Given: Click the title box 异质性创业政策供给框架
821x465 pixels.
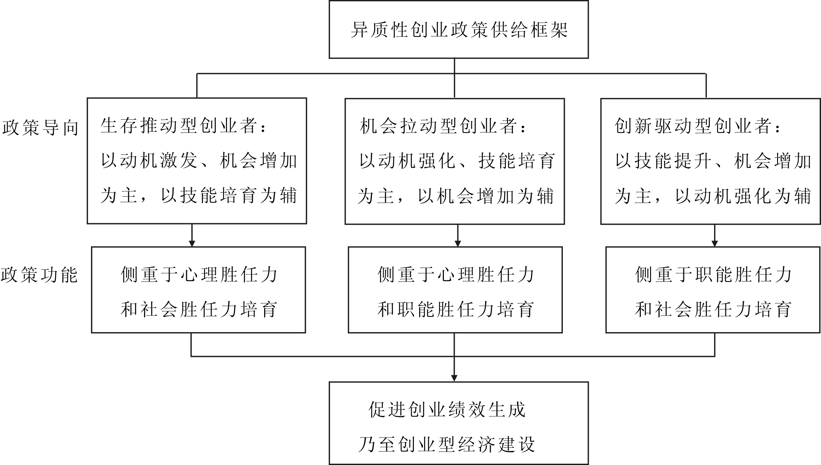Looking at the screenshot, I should (x=459, y=29).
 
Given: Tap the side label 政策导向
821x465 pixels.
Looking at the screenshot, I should (x=40, y=128).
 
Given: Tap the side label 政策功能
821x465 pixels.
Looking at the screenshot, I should (x=39, y=275).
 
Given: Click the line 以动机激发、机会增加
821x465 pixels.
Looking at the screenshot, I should (x=199, y=161).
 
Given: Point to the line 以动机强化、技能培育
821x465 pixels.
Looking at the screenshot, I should (x=457, y=161).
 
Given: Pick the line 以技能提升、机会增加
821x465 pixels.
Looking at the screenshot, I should (x=713, y=161).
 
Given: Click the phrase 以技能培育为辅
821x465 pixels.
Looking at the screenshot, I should (x=229, y=196).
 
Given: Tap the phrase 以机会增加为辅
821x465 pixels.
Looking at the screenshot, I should (x=486, y=196).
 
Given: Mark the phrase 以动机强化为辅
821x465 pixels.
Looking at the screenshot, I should (x=743, y=196).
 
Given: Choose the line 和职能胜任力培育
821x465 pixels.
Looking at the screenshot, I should (x=456, y=310).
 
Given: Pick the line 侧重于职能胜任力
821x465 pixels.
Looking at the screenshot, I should (x=713, y=275).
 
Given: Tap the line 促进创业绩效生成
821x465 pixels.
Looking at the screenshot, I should (x=447, y=409).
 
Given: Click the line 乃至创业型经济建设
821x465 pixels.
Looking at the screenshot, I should (x=447, y=445).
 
